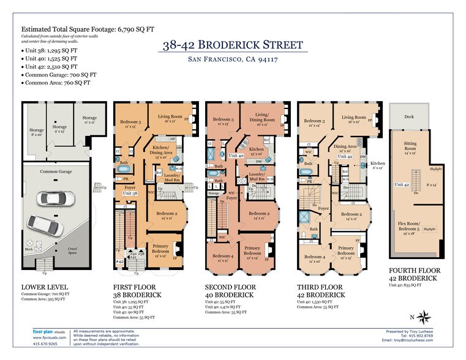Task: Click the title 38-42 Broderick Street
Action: point(233,45)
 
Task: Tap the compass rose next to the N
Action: point(427,317)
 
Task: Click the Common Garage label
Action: point(56,173)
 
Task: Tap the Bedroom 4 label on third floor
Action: point(316,258)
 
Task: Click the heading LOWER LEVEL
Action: point(44,287)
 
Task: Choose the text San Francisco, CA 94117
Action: point(233,60)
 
